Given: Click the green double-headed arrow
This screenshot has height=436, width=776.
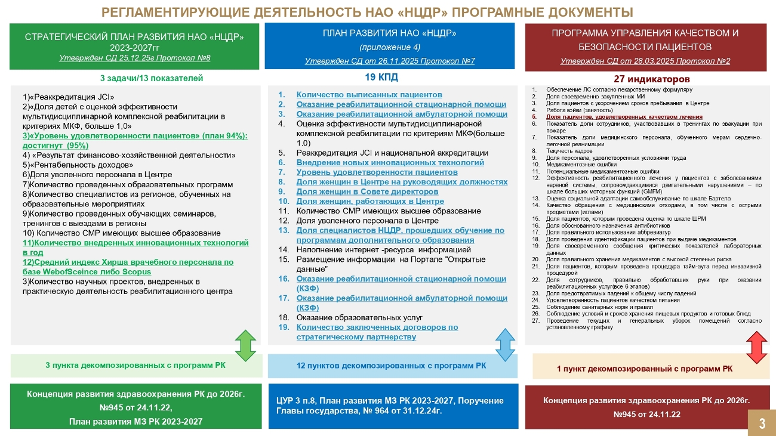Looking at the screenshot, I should coord(245,345).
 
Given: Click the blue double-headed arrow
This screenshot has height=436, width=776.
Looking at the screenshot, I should coord(505,345).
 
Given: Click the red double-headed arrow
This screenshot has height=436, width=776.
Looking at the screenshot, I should coord(756,347).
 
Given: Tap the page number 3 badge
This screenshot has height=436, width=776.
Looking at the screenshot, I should coord(762,423).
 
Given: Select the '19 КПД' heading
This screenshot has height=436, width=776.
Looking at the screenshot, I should coord(381,78).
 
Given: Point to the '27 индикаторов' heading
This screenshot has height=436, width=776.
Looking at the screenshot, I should coord(651,79).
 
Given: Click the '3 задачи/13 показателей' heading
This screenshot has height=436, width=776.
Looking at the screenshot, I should coord(152,78).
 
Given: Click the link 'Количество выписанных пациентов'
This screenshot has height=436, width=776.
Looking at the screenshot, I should coord(369,94).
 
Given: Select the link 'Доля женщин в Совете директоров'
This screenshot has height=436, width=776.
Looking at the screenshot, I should coord(367,191).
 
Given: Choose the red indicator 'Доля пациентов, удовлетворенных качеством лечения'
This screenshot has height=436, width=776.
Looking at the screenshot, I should coord(624,117).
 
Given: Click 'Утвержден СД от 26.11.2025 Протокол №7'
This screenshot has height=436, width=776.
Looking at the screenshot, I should coord(390,61).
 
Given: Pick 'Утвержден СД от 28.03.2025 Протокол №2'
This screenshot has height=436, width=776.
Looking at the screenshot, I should coord(645,61).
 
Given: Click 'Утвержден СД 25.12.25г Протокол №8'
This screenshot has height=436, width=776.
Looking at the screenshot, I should coord(135,58).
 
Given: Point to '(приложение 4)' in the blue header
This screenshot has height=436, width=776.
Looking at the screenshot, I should coord(389,47).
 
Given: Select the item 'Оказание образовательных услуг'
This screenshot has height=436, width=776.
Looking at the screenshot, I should coord(359,317).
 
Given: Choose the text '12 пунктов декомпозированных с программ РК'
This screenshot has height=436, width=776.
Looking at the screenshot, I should coord(391,365).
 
